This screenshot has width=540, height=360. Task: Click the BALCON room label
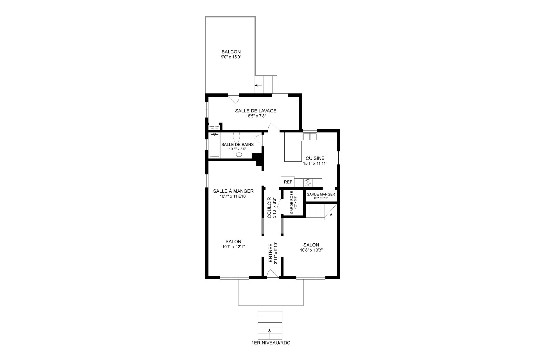231,52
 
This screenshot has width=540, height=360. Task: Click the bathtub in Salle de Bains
215,145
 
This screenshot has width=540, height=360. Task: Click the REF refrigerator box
288,182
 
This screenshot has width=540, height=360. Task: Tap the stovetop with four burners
308,183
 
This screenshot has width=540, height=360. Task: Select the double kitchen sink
310,137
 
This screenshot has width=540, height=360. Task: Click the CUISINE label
315,158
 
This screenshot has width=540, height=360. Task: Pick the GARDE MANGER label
321,194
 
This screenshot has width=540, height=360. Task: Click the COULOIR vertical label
269,207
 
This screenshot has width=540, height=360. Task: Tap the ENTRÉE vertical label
270,253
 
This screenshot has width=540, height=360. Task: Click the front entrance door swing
272,274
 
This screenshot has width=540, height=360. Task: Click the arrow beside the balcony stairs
258,85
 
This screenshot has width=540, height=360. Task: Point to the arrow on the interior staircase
331,215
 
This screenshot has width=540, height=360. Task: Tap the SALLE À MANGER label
233,191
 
